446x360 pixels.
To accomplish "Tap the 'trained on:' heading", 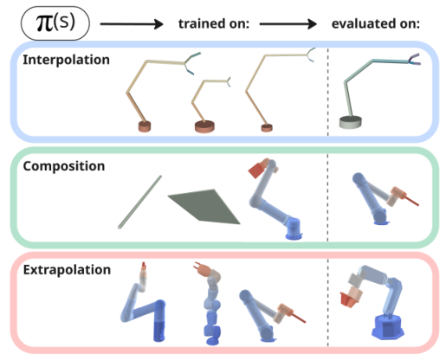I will pos(212,22).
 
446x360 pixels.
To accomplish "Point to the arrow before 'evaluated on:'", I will pos(290,22).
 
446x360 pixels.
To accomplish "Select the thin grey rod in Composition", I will pos(139,201).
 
